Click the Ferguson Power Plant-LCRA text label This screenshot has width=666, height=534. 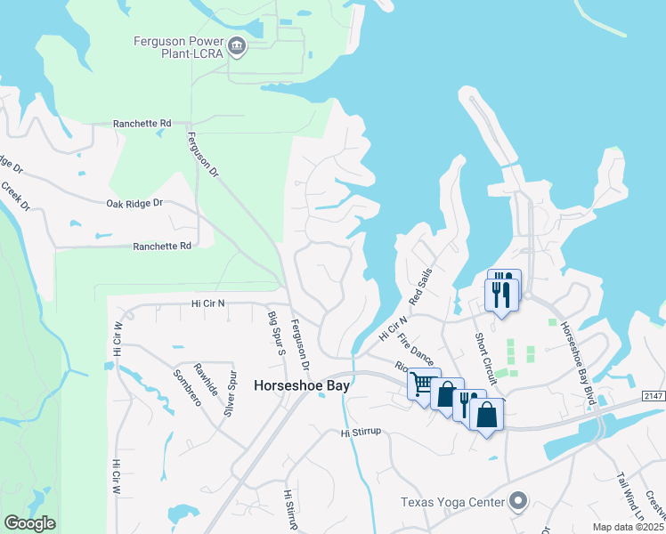[x=176, y=45]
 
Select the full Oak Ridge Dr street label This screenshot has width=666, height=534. [x=135, y=203]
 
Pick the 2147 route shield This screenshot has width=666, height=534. [x=654, y=383]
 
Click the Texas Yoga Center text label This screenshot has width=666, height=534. [x=452, y=503]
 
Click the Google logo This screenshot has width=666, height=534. [x=29, y=523]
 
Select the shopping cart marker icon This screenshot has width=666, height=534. [x=423, y=384]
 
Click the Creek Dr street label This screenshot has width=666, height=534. [x=15, y=197]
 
